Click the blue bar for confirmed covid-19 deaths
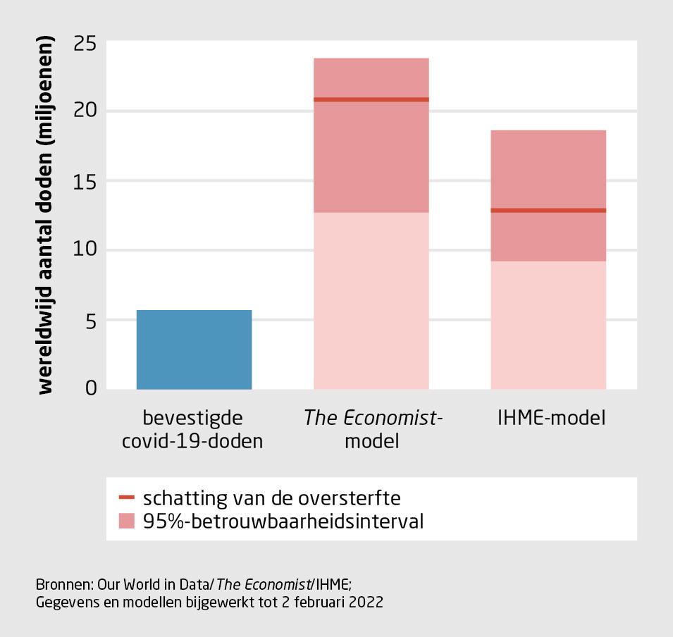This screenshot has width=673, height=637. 194,350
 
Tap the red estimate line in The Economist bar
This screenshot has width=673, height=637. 371,99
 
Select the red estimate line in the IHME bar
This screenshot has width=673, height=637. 548,210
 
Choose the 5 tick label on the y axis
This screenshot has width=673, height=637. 91,320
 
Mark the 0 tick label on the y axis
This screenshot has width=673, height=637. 91,388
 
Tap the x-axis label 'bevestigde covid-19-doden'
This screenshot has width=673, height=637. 193,430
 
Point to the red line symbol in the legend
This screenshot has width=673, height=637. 127,498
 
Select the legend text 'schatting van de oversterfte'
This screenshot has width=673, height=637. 272,498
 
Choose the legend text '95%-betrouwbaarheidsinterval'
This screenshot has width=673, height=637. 283,522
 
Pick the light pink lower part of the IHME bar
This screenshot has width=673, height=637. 548,324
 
